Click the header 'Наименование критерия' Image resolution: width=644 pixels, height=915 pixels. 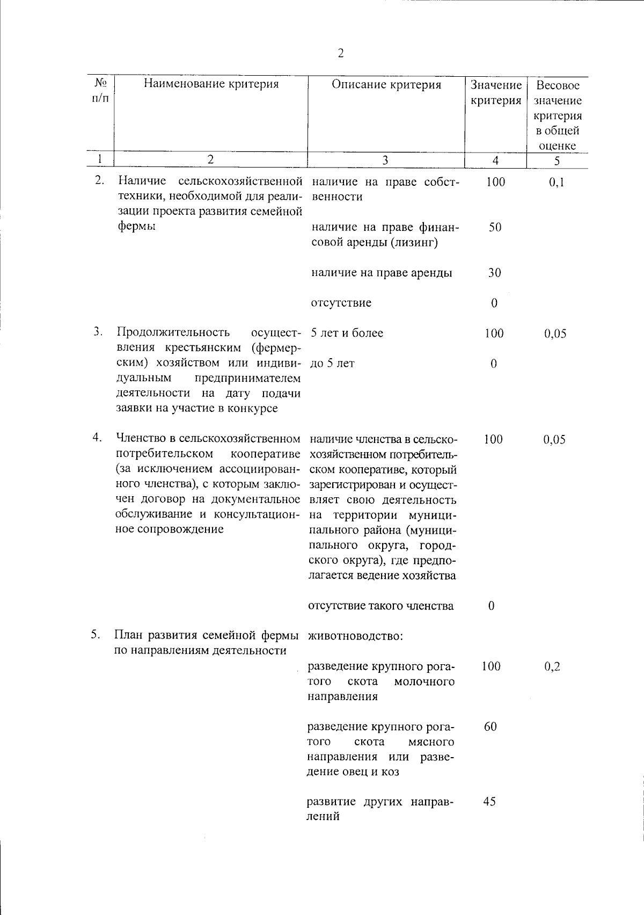[x=211, y=84]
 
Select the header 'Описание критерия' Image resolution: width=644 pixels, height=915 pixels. [x=386, y=85]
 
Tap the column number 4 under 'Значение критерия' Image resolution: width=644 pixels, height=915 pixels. [x=495, y=160]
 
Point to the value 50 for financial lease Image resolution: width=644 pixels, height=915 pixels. [x=495, y=227]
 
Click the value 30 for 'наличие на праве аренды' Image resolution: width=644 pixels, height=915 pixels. [x=494, y=273]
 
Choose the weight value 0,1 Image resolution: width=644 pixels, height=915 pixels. [x=557, y=183]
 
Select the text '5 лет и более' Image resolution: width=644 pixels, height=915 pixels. [x=347, y=333]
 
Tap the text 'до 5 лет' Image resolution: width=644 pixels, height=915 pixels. [x=333, y=364]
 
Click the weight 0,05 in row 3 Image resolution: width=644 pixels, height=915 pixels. [x=555, y=333]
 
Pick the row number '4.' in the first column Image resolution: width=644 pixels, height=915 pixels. [x=97, y=438]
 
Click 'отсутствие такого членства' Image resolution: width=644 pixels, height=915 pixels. [x=381, y=606]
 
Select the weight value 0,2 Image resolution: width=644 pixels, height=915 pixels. [x=553, y=667]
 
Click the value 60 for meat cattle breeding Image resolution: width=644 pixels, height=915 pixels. [x=490, y=727]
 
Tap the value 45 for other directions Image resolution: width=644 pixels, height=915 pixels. [x=489, y=802]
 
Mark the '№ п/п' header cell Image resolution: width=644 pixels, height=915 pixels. [x=100, y=91]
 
